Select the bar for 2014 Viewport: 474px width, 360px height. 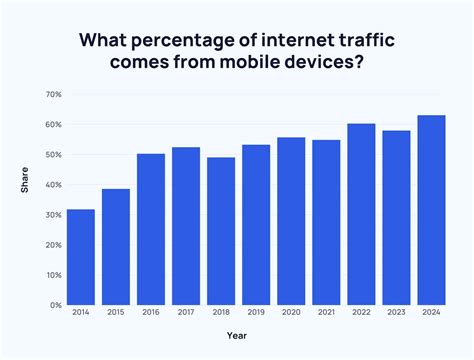tap(81, 257)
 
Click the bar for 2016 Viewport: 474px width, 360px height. tap(151, 229)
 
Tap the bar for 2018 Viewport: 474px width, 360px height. tap(221, 231)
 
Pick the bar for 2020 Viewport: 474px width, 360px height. tap(291, 221)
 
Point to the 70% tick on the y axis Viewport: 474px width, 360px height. tap(53, 94)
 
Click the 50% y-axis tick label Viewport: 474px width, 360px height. tap(53, 154)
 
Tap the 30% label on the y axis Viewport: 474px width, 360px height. tap(53, 214)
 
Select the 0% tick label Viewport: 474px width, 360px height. tap(55, 304)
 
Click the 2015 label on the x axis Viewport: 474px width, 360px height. tap(116, 313)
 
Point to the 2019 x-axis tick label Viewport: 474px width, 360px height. tap(256, 313)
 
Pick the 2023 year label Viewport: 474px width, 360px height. tap(396, 313)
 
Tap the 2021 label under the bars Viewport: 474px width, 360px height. tap(326, 313)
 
